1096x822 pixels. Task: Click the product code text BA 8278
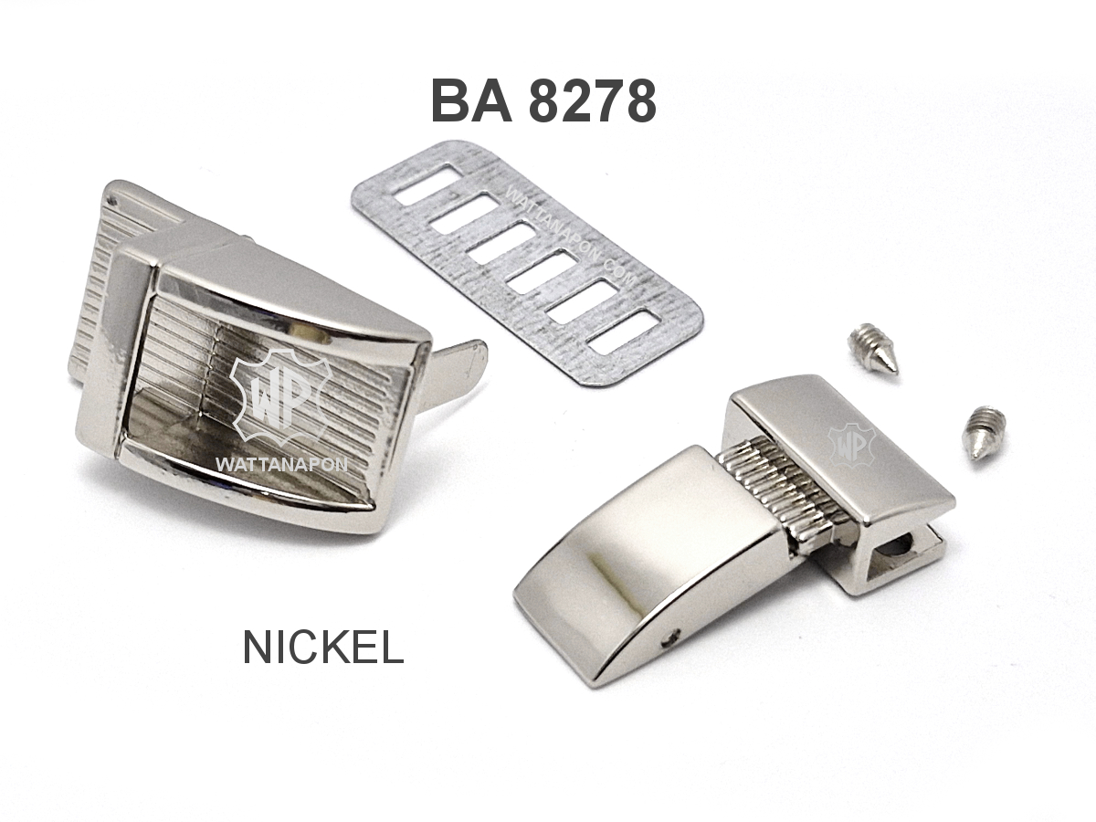pos(543,100)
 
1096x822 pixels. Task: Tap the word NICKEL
pos(323,648)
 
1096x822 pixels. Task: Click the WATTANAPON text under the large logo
pos(281,465)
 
